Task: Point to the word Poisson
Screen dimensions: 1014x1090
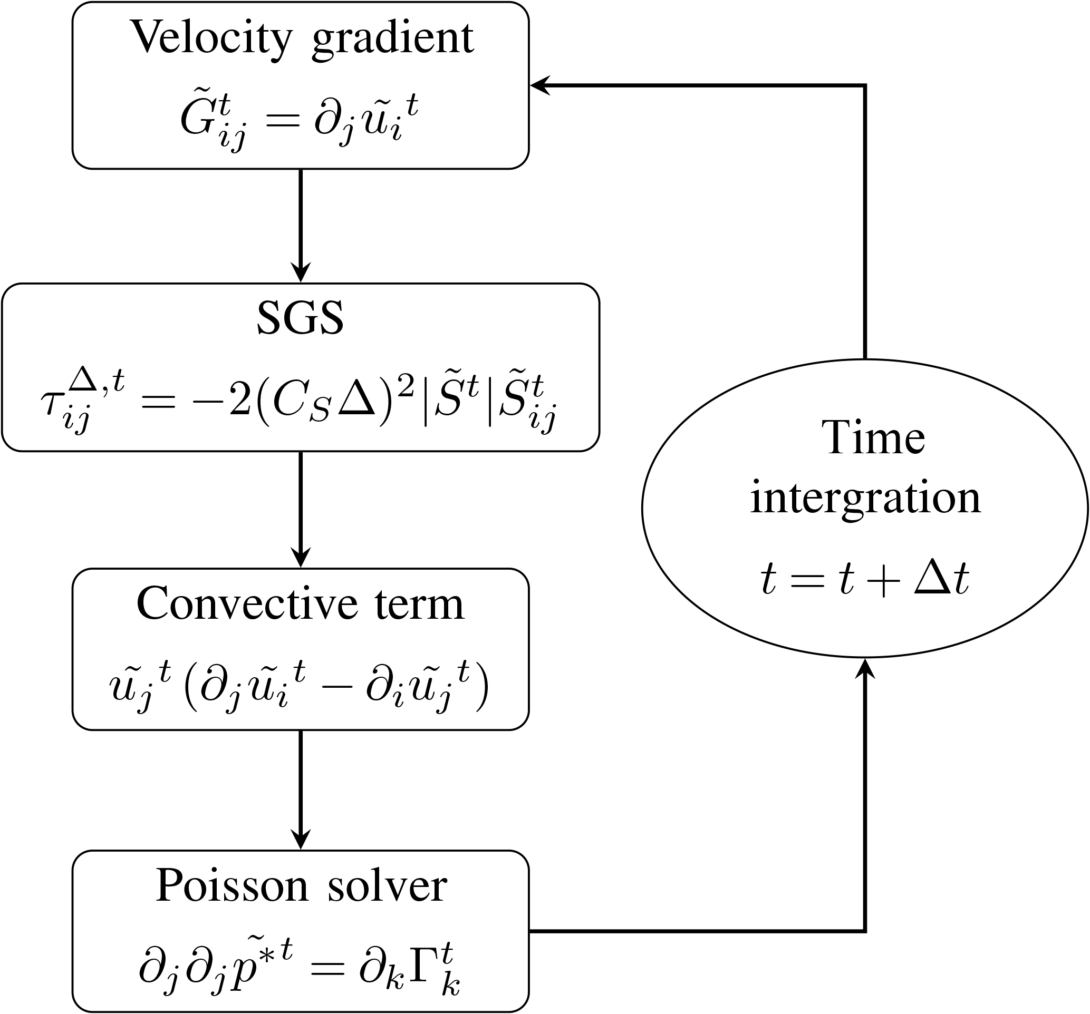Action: (232, 886)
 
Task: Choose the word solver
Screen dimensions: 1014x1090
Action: (387, 886)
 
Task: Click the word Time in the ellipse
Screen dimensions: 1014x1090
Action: (873, 438)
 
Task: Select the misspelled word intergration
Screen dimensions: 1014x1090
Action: (865, 499)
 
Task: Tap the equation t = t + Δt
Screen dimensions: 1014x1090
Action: (865, 579)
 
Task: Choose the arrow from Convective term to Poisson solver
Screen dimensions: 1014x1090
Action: (301, 790)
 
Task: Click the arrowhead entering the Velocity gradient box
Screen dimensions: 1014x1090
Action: (541, 85)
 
